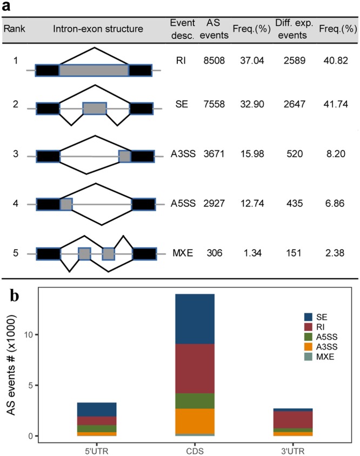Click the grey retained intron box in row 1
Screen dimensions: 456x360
click(x=94, y=70)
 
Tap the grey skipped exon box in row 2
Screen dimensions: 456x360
click(x=95, y=108)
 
